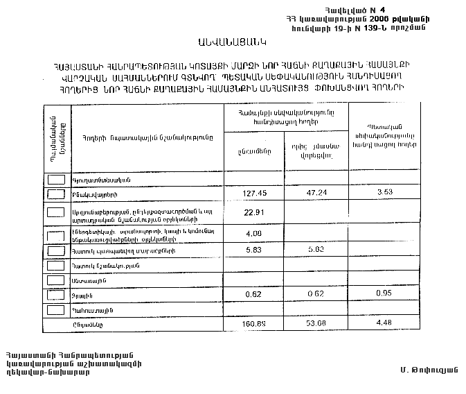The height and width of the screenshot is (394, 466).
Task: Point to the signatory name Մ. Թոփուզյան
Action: [x=429, y=368]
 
